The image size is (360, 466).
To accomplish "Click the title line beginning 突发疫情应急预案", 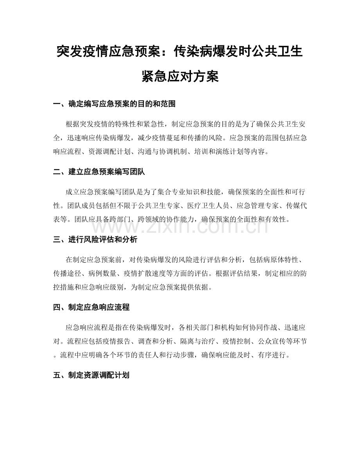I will pyautogui.click(x=180, y=51).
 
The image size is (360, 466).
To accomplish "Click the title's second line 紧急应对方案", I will pyautogui.click(x=180, y=76).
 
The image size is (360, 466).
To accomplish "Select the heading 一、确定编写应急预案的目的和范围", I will pyautogui.click(x=114, y=104).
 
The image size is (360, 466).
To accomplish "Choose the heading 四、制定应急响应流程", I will pyautogui.click(x=91, y=308).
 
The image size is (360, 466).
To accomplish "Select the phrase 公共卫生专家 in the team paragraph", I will pyautogui.click(x=173, y=206).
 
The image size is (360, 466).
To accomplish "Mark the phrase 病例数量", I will pyautogui.click(x=104, y=273).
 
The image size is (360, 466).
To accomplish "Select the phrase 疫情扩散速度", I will pyautogui.click(x=147, y=273).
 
